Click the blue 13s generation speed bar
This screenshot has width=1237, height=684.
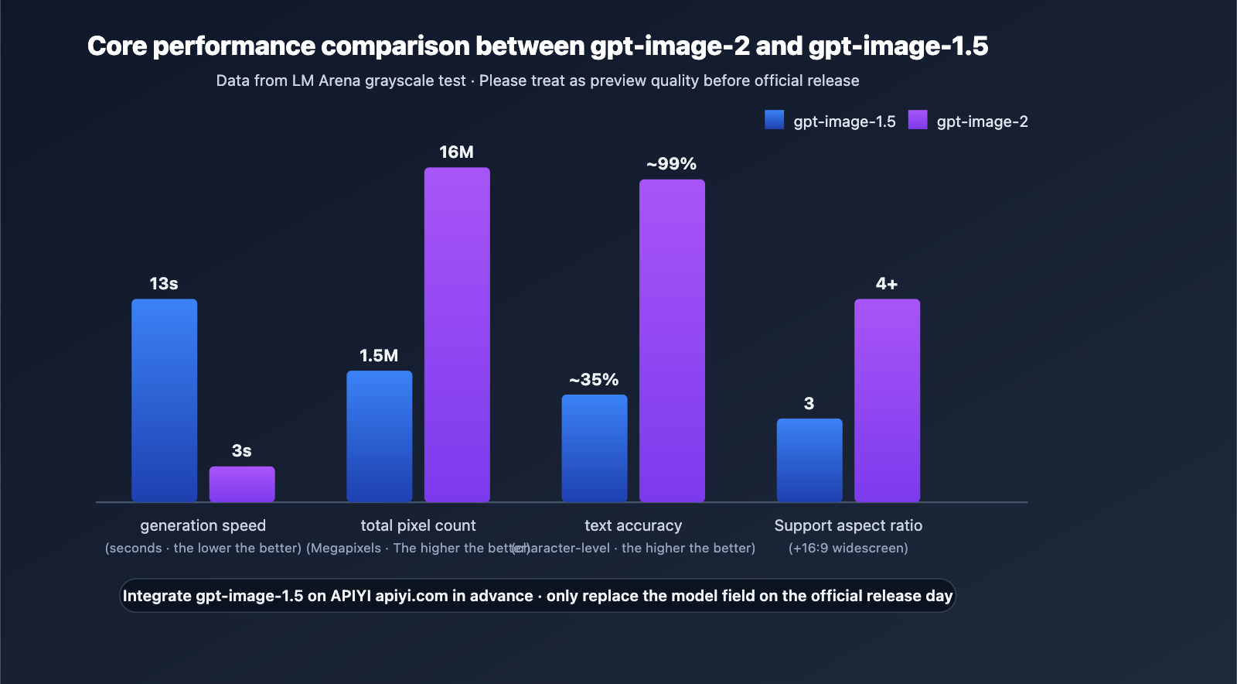pos(164,400)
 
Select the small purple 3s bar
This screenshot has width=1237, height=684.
pos(241,484)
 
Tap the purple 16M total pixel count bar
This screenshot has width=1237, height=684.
pos(456,334)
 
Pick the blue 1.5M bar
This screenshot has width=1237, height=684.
pos(379,436)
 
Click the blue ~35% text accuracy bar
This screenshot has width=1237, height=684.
pos(594,448)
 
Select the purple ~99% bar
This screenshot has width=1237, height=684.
pos(671,340)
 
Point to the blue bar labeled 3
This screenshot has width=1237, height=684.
pos(809,460)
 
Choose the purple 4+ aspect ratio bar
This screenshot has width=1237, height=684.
pos(887,400)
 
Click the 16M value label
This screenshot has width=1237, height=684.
pos(456,152)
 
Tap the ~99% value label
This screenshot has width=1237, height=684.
pos(671,164)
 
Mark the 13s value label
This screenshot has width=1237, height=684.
pos(164,284)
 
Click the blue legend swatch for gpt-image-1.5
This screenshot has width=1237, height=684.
pos(774,120)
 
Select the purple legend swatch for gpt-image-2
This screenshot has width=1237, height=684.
pos(917,120)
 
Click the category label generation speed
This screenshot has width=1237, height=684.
pos(203,525)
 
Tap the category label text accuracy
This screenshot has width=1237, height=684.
pos(632,525)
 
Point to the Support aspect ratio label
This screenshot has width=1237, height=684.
pos(848,525)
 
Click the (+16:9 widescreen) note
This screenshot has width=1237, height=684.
pos(848,548)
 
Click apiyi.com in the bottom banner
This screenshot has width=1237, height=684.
pos(411,596)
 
